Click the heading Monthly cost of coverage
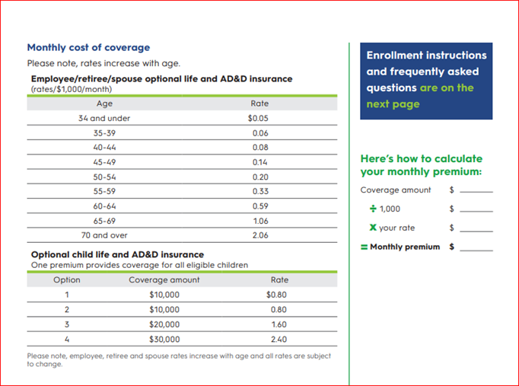pyautogui.click(x=88, y=47)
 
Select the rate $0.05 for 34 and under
pyautogui.click(x=259, y=119)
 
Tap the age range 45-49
pyautogui.click(x=104, y=162)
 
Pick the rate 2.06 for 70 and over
pyautogui.click(x=259, y=235)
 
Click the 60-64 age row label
pyautogui.click(x=104, y=206)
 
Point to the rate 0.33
pyautogui.click(x=259, y=191)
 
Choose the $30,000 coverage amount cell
pyautogui.click(x=164, y=339)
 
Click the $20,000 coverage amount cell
pyautogui.click(x=164, y=324)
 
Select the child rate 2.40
pyautogui.click(x=279, y=339)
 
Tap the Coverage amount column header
pyautogui.click(x=164, y=280)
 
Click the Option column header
pyautogui.click(x=67, y=280)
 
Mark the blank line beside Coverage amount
pyautogui.click(x=476, y=191)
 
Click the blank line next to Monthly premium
pyautogui.click(x=476, y=248)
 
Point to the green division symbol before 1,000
pyautogui.click(x=373, y=209)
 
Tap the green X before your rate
pyautogui.click(x=373, y=228)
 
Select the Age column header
pyautogui.click(x=104, y=104)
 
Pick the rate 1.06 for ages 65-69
pyautogui.click(x=259, y=221)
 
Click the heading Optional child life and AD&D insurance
pyautogui.click(x=117, y=254)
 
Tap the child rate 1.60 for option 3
pyautogui.click(x=279, y=324)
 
